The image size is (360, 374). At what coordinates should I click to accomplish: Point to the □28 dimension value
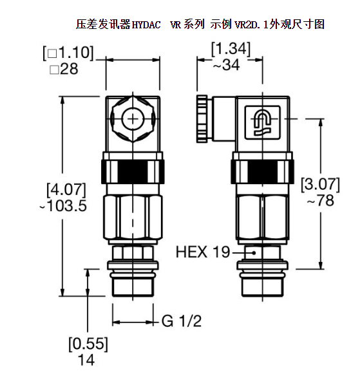coord(64,69)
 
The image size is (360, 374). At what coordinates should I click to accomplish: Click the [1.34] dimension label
coord(230,48)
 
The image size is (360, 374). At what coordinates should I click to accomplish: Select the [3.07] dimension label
coord(320,184)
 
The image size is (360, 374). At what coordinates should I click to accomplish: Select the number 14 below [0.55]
coord(86,360)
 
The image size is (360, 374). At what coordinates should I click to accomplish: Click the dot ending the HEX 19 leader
coord(255,252)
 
